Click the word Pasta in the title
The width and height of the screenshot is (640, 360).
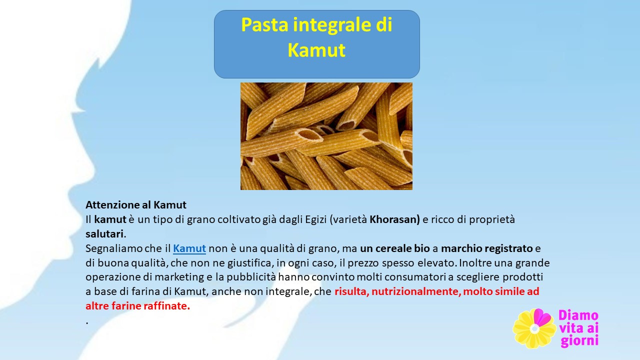click(x=264, y=24)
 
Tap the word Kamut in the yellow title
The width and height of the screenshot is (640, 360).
click(x=316, y=50)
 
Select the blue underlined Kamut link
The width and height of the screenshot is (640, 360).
click(x=189, y=248)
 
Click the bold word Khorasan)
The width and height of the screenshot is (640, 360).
click(x=395, y=219)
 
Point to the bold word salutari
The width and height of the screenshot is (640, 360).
click(x=104, y=233)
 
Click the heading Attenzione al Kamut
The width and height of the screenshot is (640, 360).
click(x=136, y=205)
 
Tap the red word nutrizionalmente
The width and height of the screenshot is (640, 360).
click(x=416, y=291)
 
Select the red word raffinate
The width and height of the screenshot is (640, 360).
click(x=165, y=305)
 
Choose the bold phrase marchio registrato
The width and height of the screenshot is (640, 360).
click(x=487, y=248)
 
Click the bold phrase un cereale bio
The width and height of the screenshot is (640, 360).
click(x=395, y=248)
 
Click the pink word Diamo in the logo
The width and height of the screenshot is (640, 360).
click(x=578, y=315)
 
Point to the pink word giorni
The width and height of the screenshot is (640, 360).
click(x=579, y=341)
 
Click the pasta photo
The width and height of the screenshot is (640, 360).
click(x=326, y=136)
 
